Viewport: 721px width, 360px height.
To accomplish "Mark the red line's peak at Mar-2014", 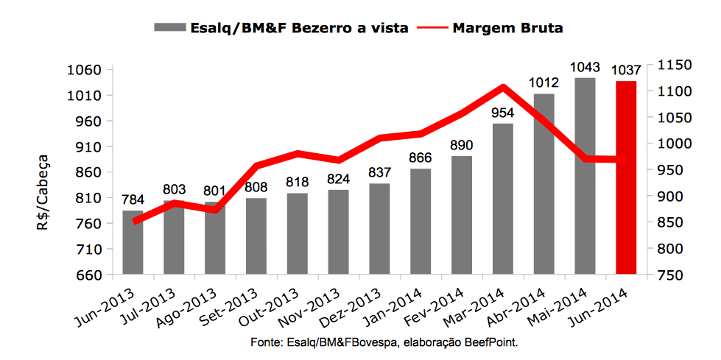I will [503, 88].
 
